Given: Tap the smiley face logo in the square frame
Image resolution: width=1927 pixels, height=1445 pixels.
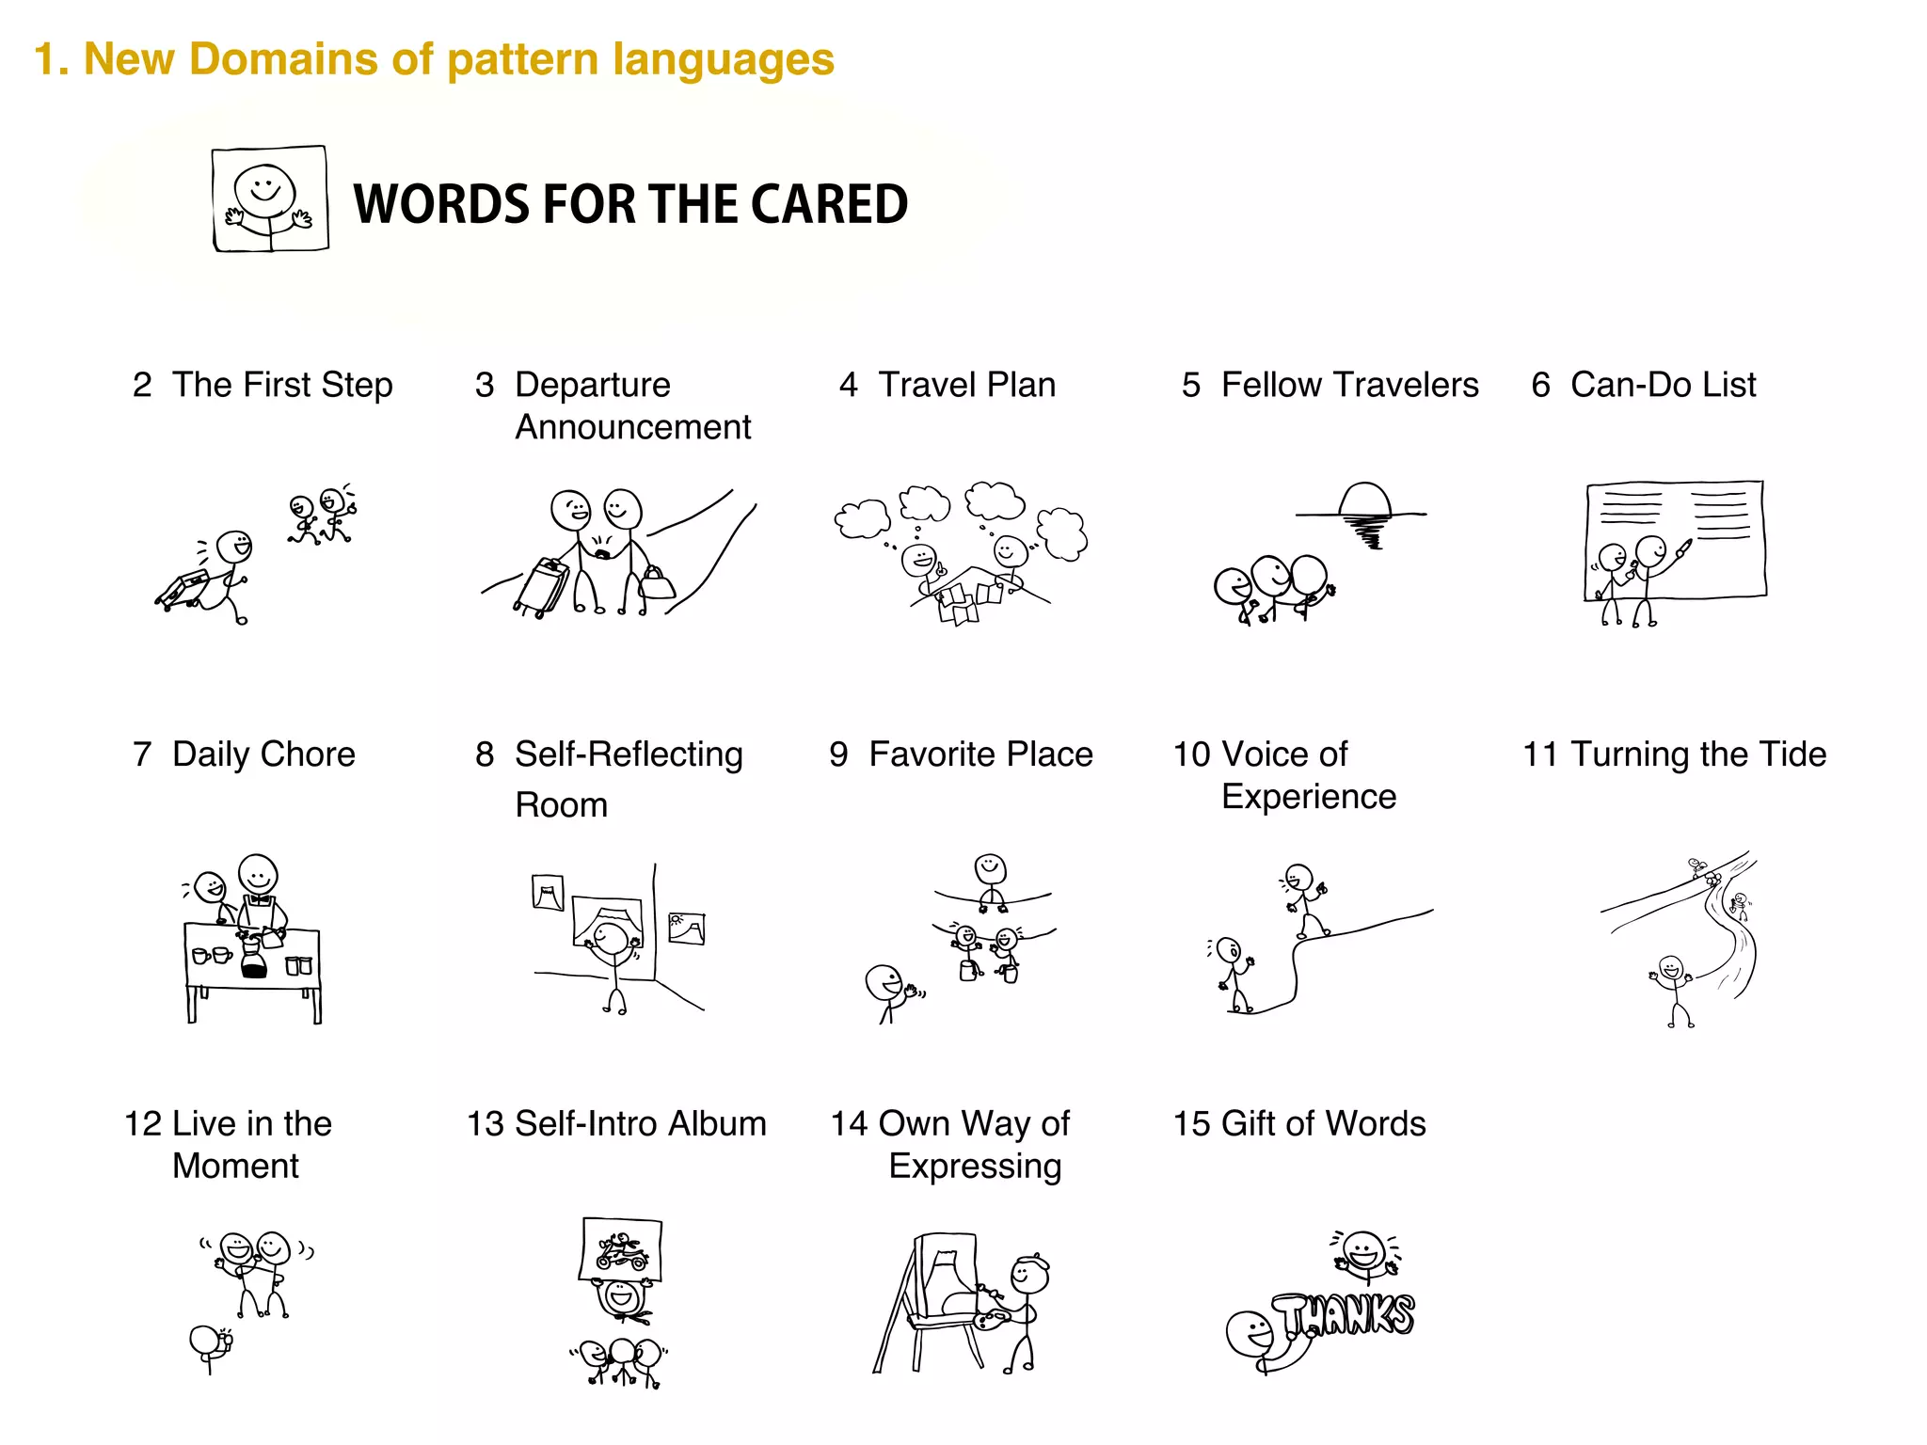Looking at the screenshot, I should pyautogui.click(x=270, y=198).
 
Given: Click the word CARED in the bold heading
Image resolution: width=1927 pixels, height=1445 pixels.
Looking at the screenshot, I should pyautogui.click(x=829, y=204).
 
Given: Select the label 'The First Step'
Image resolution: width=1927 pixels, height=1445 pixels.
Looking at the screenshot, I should pyautogui.click(x=281, y=385).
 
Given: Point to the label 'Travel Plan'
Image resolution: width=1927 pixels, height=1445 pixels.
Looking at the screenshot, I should pyautogui.click(x=966, y=385).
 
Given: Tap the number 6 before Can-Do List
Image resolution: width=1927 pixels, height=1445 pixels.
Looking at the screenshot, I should pyautogui.click(x=1540, y=385).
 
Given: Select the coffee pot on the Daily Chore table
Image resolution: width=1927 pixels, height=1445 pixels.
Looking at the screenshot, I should pyautogui.click(x=253, y=959).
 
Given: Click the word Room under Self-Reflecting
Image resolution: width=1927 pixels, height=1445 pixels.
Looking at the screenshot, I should pyautogui.click(x=561, y=805).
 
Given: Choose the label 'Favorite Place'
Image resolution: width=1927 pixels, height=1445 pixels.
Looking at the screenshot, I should pyautogui.click(x=980, y=754).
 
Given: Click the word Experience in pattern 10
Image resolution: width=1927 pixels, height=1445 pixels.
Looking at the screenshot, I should pyautogui.click(x=1309, y=797).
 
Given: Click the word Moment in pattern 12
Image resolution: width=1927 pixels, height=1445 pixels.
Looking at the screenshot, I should pyautogui.click(x=235, y=1166).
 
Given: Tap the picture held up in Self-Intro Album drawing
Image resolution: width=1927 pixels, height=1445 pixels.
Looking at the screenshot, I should pyautogui.click(x=621, y=1249).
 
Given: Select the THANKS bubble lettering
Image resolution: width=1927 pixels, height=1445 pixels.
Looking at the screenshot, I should pyautogui.click(x=1346, y=1314).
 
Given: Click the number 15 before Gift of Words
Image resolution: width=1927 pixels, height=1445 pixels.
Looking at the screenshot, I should pyautogui.click(x=1191, y=1124).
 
